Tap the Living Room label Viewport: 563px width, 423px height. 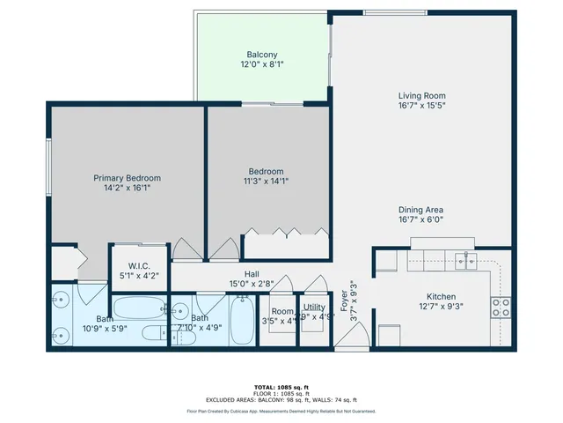point(421,95)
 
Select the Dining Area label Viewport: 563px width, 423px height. point(421,209)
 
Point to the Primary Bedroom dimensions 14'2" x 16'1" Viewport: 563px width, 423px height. point(127,189)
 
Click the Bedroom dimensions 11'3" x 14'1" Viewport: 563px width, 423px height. point(265,182)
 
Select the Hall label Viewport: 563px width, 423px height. point(252,274)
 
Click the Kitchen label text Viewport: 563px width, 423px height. point(440,296)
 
